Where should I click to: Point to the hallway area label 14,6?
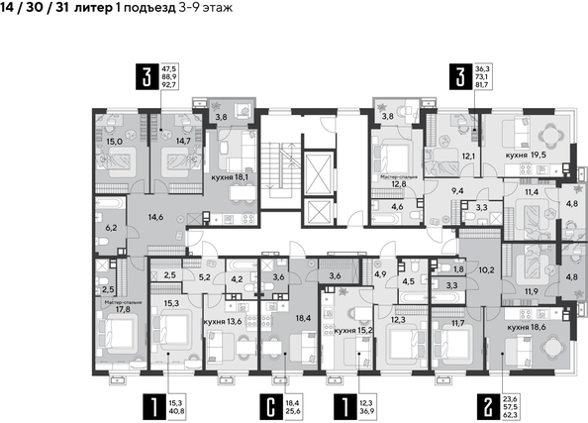(x=156, y=216)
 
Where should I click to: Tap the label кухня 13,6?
(x=224, y=322)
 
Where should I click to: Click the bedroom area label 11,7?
(x=456, y=322)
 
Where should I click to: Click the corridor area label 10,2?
(x=486, y=268)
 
